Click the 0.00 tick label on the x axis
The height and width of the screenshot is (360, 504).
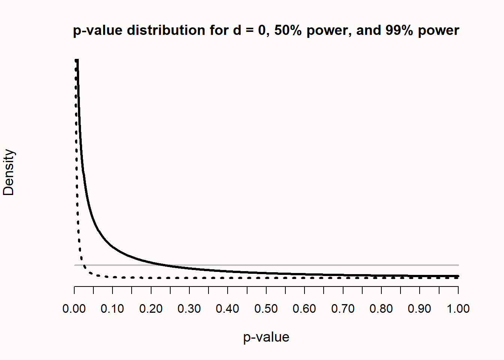(74, 309)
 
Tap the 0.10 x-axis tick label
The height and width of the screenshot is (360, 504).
(112, 309)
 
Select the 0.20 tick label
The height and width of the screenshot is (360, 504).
(151, 309)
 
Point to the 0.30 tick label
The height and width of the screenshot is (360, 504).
(189, 309)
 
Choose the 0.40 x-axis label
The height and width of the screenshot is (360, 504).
(228, 309)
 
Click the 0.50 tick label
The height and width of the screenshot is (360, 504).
(266, 309)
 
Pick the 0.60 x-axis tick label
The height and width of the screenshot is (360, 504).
(304, 309)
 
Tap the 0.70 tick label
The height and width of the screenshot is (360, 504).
(343, 309)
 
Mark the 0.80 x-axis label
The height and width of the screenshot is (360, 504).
(381, 309)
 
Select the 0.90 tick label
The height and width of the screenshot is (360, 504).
(420, 309)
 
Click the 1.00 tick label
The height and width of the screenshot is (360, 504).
(458, 309)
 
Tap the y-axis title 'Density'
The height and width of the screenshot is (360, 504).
(9, 172)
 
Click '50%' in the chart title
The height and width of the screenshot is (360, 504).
(288, 30)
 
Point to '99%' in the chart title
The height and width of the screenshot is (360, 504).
(399, 30)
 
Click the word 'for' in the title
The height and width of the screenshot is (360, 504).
(220, 30)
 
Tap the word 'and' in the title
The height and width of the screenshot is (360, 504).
(369, 30)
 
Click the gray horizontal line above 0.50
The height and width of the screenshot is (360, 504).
(266, 265)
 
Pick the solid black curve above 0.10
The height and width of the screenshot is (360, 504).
(112, 247)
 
